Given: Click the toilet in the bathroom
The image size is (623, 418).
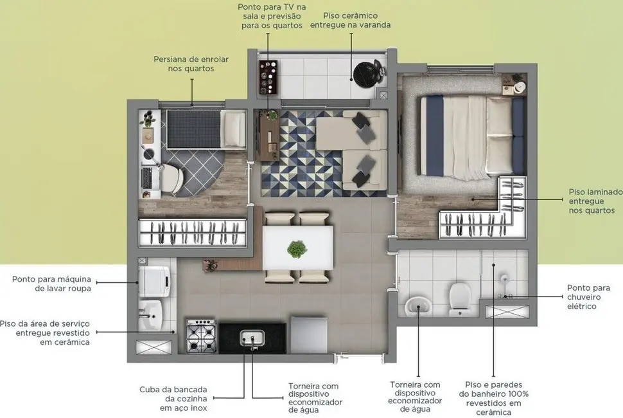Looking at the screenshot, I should click(x=459, y=299).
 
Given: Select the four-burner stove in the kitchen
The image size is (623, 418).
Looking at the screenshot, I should click(x=200, y=335).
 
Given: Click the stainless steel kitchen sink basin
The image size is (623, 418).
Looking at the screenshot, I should click(x=251, y=336).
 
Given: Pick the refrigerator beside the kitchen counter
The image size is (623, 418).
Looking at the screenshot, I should click(x=308, y=334).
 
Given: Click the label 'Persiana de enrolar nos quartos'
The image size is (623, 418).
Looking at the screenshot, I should click(x=191, y=64).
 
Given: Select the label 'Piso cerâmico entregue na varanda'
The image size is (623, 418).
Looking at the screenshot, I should click(x=350, y=20).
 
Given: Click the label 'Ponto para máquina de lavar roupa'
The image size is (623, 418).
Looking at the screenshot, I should click(x=51, y=284).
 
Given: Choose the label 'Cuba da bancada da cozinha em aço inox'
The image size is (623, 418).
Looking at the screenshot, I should click(x=174, y=399).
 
